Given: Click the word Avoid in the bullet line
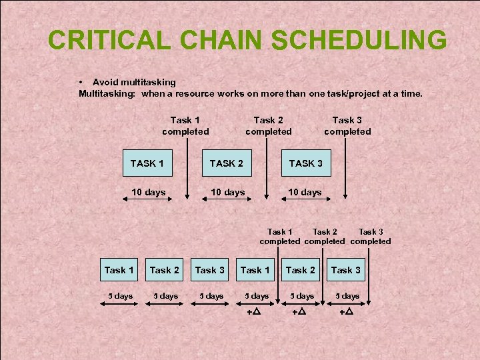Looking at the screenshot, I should (105, 82).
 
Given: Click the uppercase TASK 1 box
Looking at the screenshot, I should (148, 163).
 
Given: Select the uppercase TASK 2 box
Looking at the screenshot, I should (227, 163).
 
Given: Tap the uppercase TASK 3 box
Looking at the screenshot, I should (305, 163).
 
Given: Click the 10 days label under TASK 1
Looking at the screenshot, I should (148, 192).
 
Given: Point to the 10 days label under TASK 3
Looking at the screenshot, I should (305, 192).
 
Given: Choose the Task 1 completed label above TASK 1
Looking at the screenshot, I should (185, 125).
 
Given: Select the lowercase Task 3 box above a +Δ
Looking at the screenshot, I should (346, 270).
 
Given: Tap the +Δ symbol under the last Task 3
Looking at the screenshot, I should (346, 311).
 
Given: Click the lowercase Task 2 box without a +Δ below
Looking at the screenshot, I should (164, 270).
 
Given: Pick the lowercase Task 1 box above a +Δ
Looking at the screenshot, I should (255, 270).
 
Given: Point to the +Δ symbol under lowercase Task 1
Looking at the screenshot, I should (254, 311).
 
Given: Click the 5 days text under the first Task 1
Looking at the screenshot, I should (119, 295).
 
